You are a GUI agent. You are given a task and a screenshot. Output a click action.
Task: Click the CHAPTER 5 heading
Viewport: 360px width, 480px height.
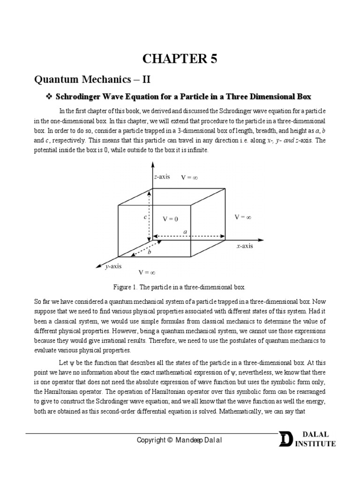(x=180, y=60)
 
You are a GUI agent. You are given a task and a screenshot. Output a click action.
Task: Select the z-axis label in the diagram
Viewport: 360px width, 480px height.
(x=162, y=177)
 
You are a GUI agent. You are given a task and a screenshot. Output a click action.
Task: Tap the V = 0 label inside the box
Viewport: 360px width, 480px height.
(x=171, y=219)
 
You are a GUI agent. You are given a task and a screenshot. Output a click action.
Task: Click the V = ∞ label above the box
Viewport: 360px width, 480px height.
(x=190, y=177)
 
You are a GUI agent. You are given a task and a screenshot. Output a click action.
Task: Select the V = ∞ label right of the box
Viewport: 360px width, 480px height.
(x=244, y=217)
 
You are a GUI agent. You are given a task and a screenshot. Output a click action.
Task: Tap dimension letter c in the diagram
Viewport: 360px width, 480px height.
(x=145, y=217)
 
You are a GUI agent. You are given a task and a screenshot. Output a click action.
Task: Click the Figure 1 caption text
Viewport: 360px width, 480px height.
(x=180, y=286)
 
